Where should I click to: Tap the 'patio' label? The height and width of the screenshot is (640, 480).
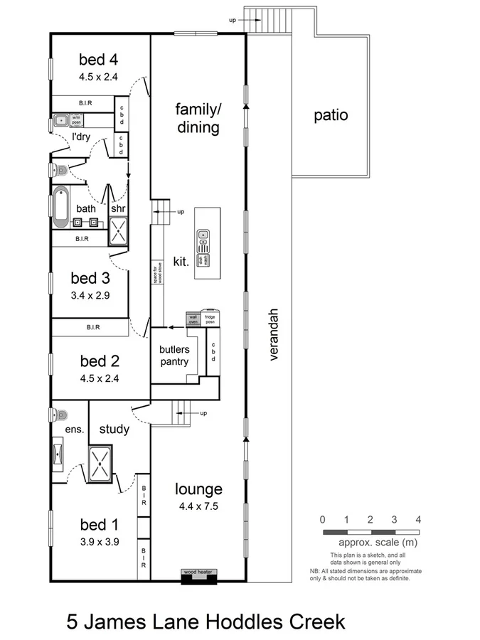pyautogui.click(x=331, y=114)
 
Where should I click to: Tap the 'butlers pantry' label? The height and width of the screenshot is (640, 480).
pyautogui.click(x=174, y=356)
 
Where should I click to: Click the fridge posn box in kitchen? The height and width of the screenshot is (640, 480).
pyautogui.click(x=210, y=318)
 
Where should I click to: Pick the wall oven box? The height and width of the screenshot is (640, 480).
pyautogui.click(x=193, y=318)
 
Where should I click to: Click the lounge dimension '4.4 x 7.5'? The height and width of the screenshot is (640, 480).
pyautogui.click(x=198, y=506)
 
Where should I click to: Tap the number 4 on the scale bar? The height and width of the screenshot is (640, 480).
pyautogui.click(x=418, y=519)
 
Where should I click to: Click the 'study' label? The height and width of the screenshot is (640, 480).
pyautogui.click(x=114, y=429)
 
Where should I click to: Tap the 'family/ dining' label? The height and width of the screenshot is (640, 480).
pyautogui.click(x=198, y=118)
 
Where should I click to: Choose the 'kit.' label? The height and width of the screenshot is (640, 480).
pyautogui.click(x=181, y=261)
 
